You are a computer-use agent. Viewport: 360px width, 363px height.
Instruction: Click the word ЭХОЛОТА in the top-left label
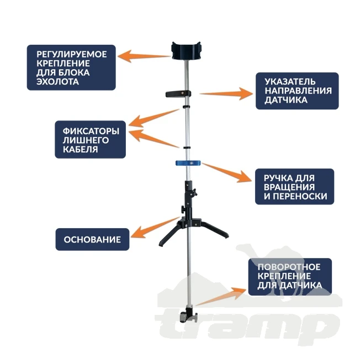pos(57,82)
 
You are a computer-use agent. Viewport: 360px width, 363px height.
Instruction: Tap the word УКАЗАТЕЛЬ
pos(290,81)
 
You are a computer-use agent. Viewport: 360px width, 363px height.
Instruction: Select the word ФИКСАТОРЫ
pos(91,131)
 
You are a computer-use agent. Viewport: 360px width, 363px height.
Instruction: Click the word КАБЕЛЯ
pos(80,149)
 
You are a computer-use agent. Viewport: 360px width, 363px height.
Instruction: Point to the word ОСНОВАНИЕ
pos(92,240)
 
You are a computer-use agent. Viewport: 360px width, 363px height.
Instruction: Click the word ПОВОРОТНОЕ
pos(289,267)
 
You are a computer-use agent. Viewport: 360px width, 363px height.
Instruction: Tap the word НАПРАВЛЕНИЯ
pos(298,91)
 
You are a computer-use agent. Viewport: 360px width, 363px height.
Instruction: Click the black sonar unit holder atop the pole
pos(186,50)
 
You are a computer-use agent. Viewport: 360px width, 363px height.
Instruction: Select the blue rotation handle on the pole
pos(188,163)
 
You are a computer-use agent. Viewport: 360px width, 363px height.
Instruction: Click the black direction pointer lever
pos(178,94)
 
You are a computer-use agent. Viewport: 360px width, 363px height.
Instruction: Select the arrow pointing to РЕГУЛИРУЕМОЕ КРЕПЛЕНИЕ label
pos(144,56)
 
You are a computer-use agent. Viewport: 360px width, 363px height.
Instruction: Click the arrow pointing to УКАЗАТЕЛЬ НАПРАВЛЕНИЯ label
pos(226,93)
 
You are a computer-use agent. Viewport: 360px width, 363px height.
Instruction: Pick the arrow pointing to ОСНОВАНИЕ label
pos(155,227)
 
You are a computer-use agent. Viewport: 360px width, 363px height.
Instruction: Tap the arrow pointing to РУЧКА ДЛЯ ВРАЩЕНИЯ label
pos(226,172)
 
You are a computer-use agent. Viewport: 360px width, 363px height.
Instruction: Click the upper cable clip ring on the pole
pos(186,107)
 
